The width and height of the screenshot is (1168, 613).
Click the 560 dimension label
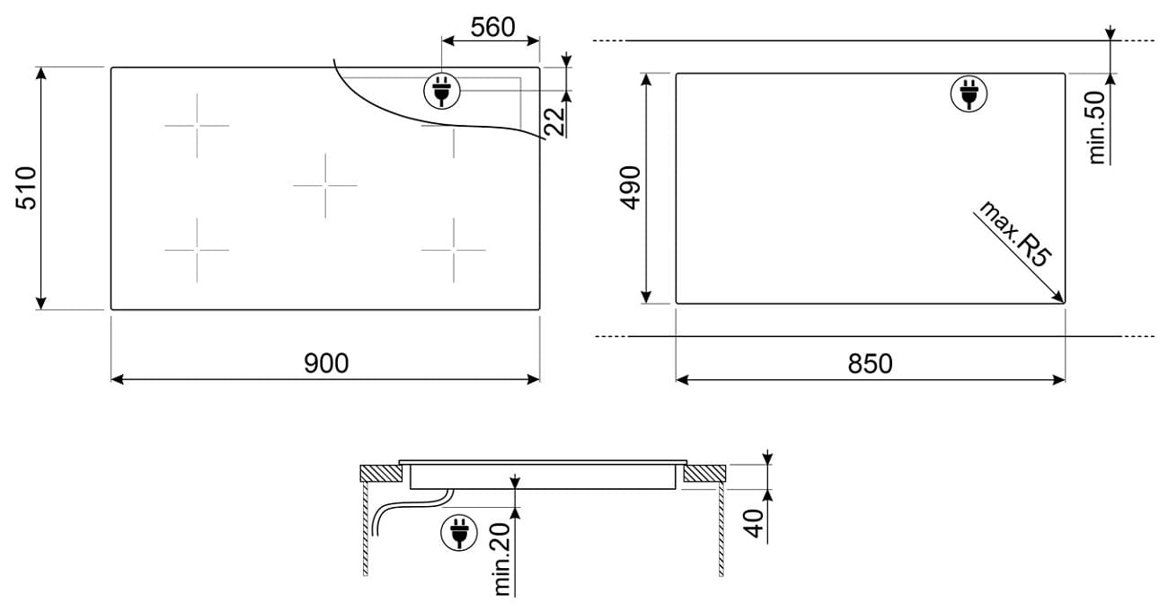tap(492, 27)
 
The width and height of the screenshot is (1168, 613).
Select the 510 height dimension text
tap(26, 188)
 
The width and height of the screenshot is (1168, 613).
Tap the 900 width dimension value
tap(326, 363)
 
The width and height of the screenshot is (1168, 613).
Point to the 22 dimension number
tap(555, 121)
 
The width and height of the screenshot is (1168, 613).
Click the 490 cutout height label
tap(630, 188)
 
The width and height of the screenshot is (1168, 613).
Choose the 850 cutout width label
tap(870, 364)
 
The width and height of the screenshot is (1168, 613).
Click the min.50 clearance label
tap(1097, 128)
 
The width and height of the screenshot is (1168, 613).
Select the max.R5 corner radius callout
tap(1014, 234)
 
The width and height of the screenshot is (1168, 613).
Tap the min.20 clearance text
tap(501, 559)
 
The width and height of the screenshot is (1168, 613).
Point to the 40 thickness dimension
tap(754, 523)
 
